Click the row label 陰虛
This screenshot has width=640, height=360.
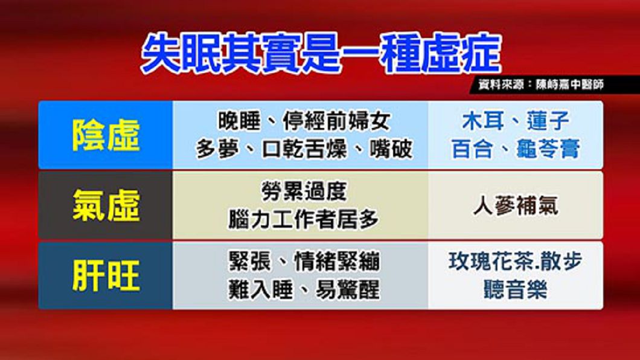[x=106, y=135]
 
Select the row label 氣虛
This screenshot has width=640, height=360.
[x=106, y=206]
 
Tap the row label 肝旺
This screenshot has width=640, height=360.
[x=106, y=276]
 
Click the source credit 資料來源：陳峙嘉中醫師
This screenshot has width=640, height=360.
[x=541, y=85]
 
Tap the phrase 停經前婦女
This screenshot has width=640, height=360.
[x=337, y=121]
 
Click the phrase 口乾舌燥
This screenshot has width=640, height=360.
[x=304, y=149]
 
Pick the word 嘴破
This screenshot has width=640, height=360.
[x=391, y=149]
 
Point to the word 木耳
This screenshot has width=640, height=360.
[x=483, y=121]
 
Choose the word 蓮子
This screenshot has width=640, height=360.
[x=548, y=121]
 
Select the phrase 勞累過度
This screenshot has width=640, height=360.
[x=304, y=191]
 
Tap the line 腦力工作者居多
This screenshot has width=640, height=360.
[x=303, y=220]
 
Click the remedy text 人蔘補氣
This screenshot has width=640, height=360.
[x=516, y=205]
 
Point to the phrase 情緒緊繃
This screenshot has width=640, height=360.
[x=337, y=262]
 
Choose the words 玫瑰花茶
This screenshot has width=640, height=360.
[x=491, y=262]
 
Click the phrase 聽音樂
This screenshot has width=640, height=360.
[x=515, y=290]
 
